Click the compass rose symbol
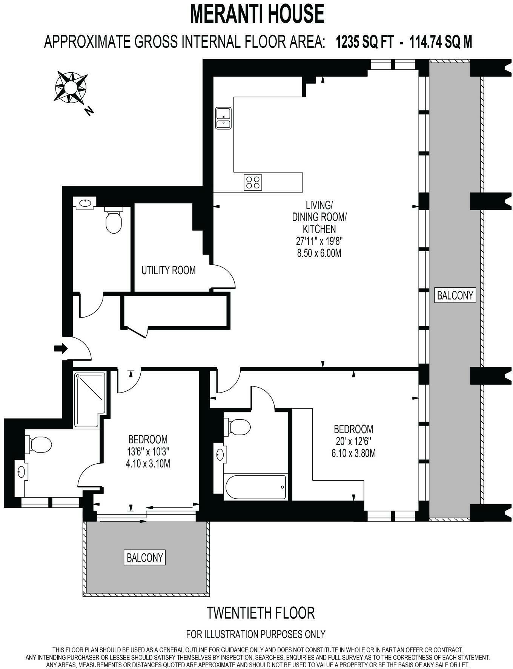[x=71, y=87]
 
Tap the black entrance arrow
[x=60, y=348]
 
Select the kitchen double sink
[x=223, y=118]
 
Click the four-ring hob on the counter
[x=253, y=182]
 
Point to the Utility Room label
[x=168, y=270]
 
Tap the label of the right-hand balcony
[x=455, y=295]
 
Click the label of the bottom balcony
[x=145, y=557]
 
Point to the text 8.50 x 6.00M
[x=319, y=253]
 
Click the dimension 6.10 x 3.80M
[x=353, y=453]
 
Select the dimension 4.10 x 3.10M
[x=148, y=463]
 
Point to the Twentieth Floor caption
[x=261, y=613]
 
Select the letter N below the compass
[x=89, y=111]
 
